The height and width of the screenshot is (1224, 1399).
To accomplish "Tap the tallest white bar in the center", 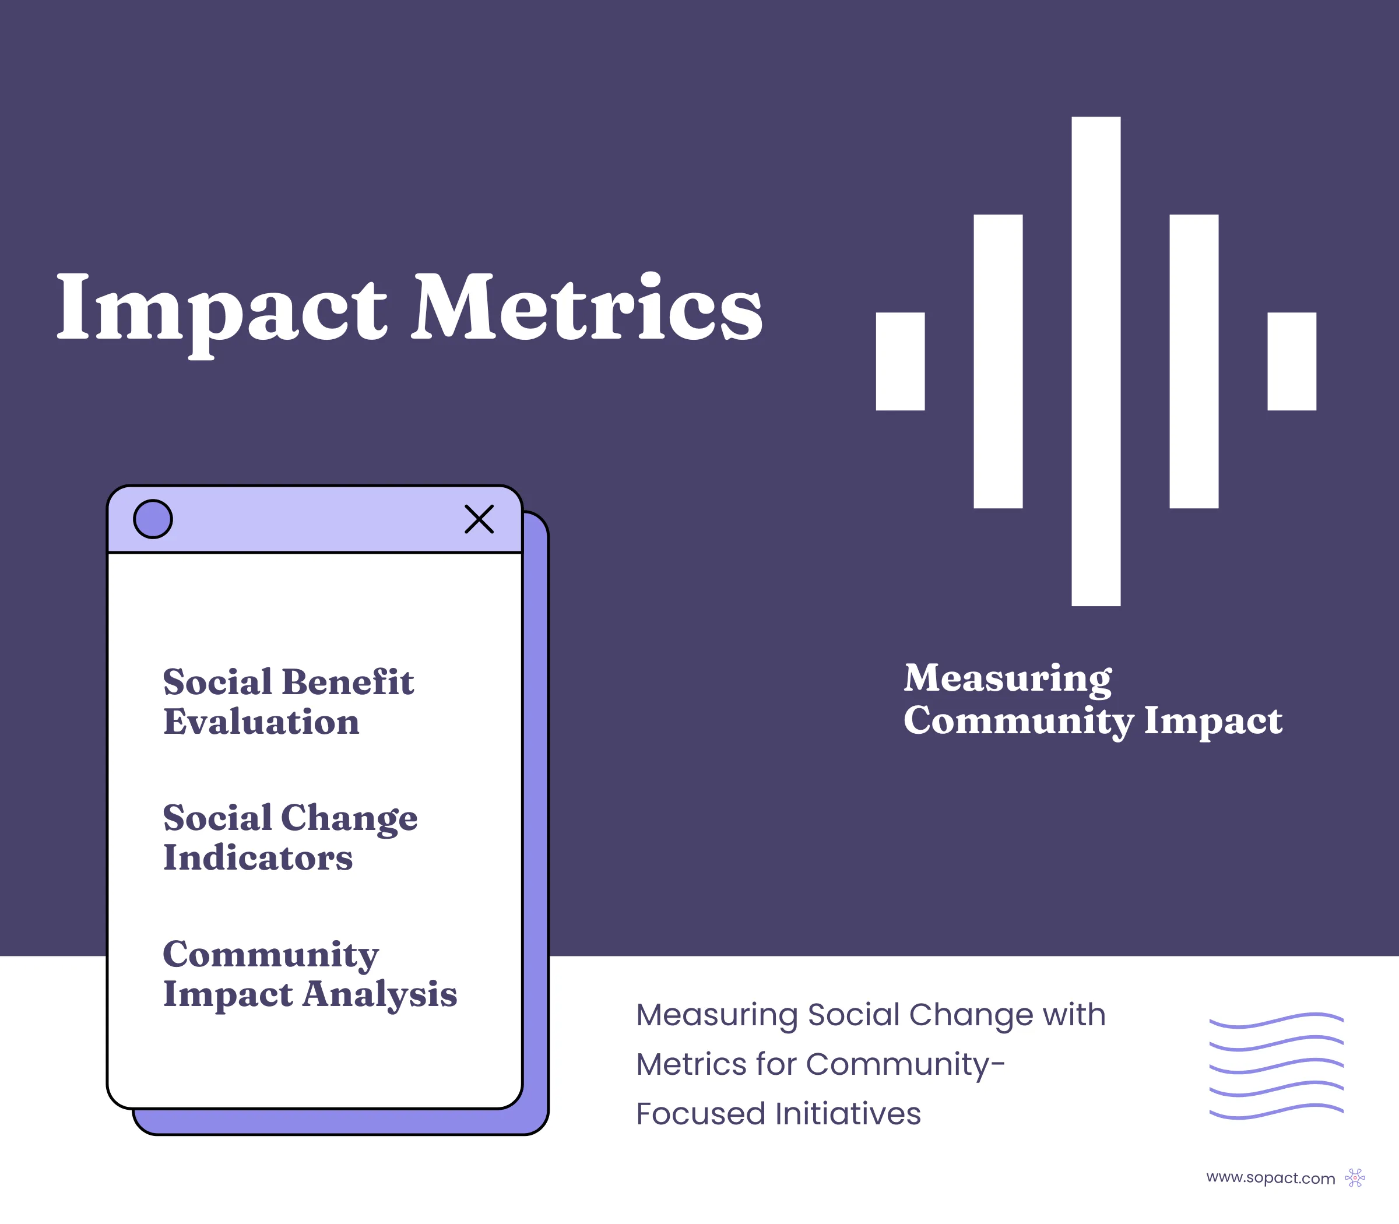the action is [x=1096, y=361].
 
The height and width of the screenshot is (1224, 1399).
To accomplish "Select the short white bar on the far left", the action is [x=901, y=361].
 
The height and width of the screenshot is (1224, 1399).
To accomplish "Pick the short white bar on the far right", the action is [x=1292, y=361].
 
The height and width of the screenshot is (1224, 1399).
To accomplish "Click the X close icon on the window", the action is [x=479, y=519].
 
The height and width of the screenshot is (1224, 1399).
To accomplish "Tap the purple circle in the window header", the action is [x=153, y=519].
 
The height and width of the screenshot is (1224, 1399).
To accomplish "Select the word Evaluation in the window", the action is [x=261, y=722].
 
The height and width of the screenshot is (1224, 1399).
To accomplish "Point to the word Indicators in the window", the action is [x=258, y=857].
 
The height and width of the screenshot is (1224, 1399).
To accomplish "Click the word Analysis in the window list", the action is [x=380, y=995].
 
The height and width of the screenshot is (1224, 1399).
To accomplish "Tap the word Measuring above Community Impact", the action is [x=1008, y=680].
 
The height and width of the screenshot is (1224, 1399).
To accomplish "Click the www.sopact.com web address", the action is [x=1271, y=1178].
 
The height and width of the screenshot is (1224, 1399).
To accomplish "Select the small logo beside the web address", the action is [x=1355, y=1177].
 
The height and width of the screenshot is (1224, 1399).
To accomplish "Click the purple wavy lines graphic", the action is [x=1277, y=1066].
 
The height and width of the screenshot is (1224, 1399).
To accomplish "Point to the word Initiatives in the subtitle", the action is [x=848, y=1113].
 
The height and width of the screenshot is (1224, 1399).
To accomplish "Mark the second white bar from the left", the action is [x=998, y=361].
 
